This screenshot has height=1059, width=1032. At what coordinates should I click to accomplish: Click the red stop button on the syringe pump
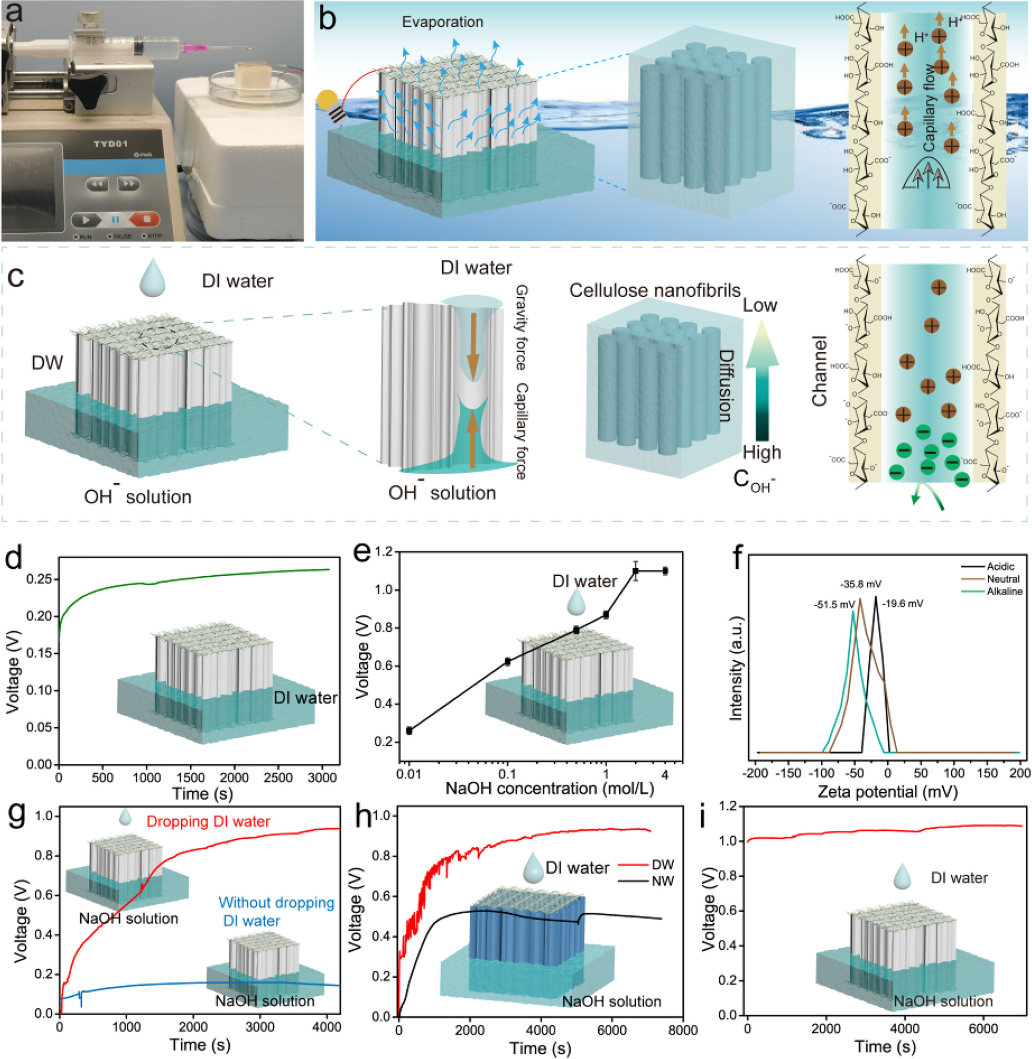click(x=145, y=220)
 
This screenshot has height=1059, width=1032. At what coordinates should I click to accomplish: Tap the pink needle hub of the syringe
click(x=195, y=48)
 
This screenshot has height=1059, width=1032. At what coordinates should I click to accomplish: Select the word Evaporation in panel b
click(x=442, y=22)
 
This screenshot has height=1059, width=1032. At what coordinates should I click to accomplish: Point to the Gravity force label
click(x=521, y=327)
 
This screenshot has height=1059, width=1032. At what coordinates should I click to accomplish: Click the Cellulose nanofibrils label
click(x=654, y=290)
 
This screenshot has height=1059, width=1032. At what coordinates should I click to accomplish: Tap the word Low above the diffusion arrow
click(x=759, y=305)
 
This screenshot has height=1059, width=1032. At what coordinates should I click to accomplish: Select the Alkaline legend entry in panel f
click(x=1004, y=591)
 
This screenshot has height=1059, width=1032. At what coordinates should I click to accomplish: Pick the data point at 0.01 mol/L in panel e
click(x=409, y=731)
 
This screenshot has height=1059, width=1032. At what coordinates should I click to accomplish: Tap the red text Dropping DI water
click(x=208, y=821)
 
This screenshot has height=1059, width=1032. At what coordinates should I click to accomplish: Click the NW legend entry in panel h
click(x=663, y=880)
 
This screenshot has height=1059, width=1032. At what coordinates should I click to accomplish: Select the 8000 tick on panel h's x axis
click(x=682, y=1030)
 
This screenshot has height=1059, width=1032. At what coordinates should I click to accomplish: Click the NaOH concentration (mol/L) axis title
click(x=550, y=789)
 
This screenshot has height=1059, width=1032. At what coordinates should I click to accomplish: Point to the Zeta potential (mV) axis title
click(x=887, y=792)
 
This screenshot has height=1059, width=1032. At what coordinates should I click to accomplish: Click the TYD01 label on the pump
click(x=110, y=144)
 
